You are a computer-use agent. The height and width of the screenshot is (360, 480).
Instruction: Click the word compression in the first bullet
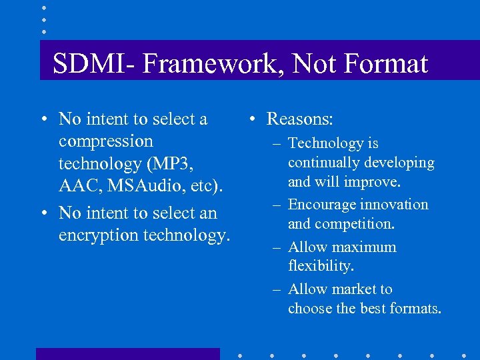pyautogui.click(x=105, y=142)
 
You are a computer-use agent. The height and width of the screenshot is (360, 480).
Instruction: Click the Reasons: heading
pyautogui.click(x=300, y=119)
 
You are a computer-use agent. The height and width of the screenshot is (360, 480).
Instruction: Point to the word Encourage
pyautogui.click(x=321, y=205)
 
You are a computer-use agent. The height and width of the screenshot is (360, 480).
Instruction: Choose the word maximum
pyautogui.click(x=363, y=247)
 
